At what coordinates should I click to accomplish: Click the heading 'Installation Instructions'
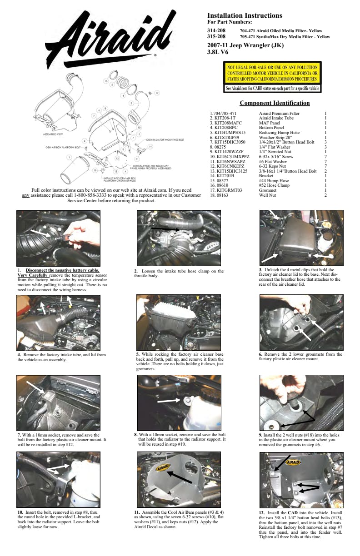[x=245, y=15]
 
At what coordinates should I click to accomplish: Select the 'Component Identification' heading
[x=275, y=103]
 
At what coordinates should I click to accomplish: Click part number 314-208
[x=216, y=30]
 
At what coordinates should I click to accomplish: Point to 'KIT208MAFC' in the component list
[x=226, y=123]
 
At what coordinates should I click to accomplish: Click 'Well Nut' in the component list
[x=268, y=195]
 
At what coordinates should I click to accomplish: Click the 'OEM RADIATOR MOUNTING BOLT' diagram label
[x=165, y=140]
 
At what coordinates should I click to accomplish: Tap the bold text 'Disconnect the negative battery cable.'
[x=63, y=270]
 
